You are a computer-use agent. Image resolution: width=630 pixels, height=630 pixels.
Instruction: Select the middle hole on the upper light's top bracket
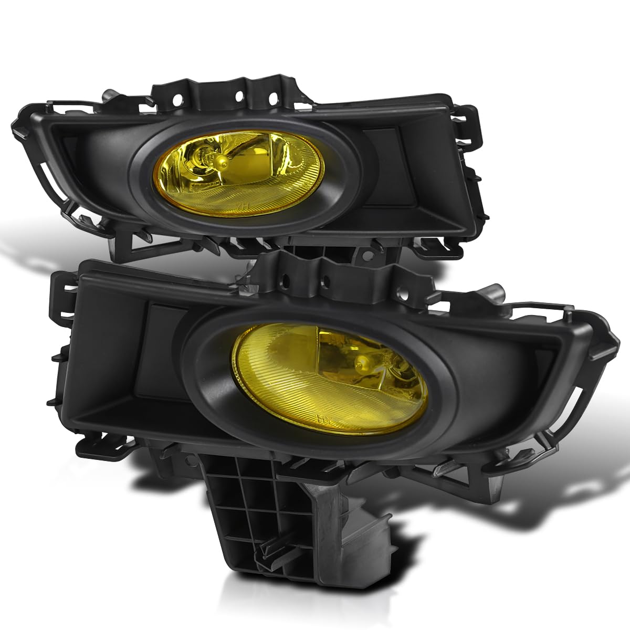(x=239, y=97)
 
